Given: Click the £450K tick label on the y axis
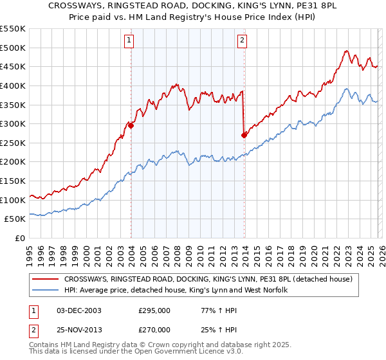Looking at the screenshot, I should tap(13, 67).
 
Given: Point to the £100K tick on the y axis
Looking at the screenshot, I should tap(13, 200).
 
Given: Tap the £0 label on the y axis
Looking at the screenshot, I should tap(20, 239).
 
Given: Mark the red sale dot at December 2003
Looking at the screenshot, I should tap(131, 126).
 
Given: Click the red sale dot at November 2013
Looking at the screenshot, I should tap(244, 135).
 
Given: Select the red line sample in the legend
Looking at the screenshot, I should tap(45, 280).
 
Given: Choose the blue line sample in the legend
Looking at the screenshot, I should tap(45, 291).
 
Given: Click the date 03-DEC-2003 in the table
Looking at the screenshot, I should tap(78, 310).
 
